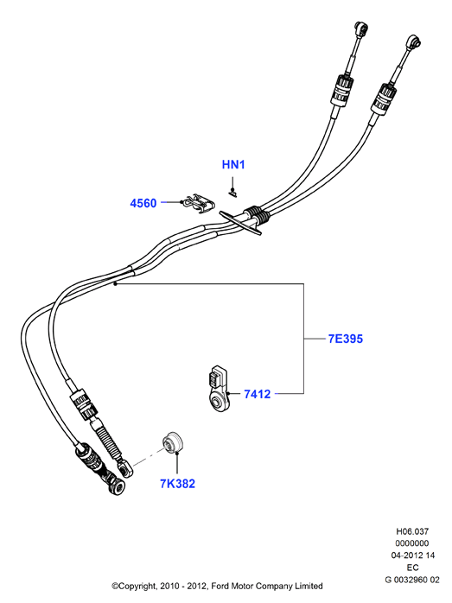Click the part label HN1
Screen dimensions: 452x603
point(233,165)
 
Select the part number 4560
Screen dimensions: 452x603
point(143,203)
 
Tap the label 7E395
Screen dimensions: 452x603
point(346,339)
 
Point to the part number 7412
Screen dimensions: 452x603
point(258,394)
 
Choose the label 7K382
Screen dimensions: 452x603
point(177,484)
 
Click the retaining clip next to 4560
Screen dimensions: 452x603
point(200,204)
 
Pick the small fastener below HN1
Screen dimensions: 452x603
point(232,193)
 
